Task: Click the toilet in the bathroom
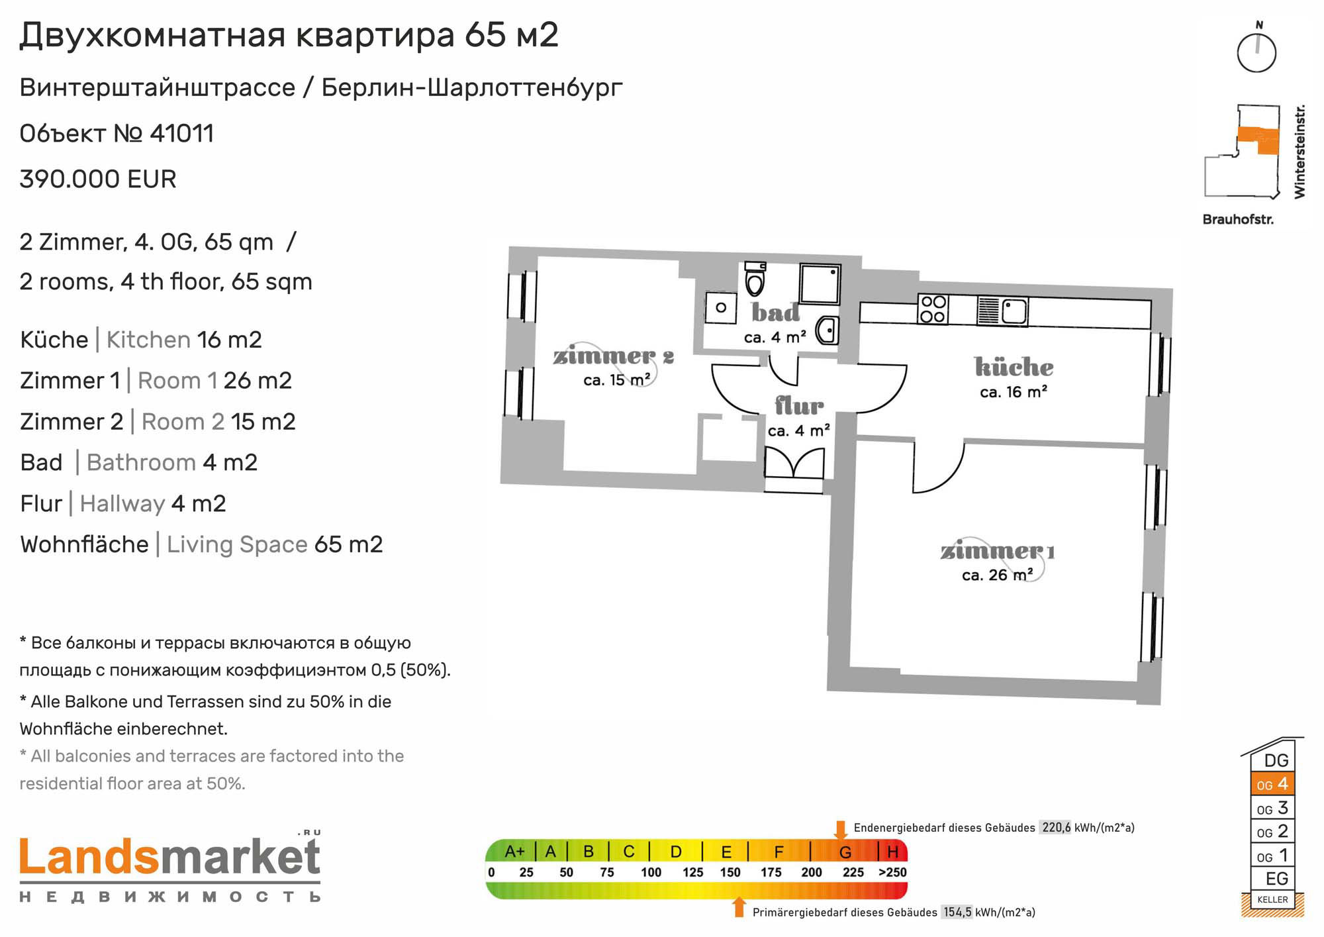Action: coord(755,278)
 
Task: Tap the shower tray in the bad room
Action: coord(820,283)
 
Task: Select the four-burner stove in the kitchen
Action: coord(933,309)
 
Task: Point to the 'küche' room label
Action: coord(1014,366)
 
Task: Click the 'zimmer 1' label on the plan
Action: coord(998,551)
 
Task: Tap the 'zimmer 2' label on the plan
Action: coord(614,356)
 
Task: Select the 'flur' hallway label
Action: coord(799,405)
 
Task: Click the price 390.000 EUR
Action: coord(98,179)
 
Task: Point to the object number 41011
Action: coord(182,134)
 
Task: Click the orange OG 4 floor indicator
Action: coord(1272,784)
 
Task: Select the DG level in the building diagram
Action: coord(1276,760)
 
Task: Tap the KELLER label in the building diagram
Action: coord(1272,899)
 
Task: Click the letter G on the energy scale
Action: coord(845,852)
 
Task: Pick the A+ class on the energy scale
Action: coord(514,852)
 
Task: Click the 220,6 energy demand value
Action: coord(1056,828)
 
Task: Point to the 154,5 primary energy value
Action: coord(957,912)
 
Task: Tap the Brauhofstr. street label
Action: coord(1238,219)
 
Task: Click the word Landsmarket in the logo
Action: coord(170,858)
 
